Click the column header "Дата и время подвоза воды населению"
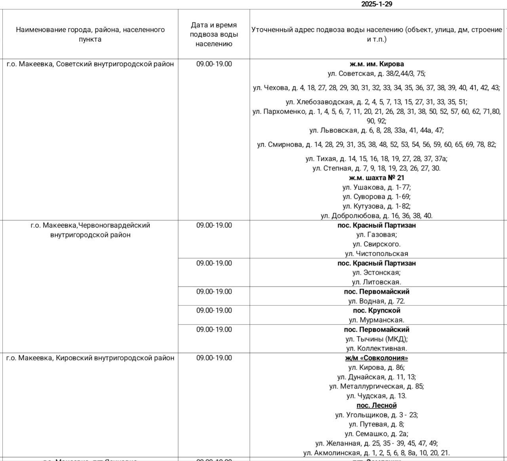[x=214, y=34]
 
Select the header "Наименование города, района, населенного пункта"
[x=90, y=34]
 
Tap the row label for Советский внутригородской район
[x=90, y=64]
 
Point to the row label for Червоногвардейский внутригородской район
[x=90, y=230]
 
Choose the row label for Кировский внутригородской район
[x=90, y=358]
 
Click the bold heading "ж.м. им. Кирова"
[x=376, y=64]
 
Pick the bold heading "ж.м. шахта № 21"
[x=376, y=178]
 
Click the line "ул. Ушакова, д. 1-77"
[x=376, y=187]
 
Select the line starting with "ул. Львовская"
[x=376, y=130]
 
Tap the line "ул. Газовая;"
[x=376, y=235]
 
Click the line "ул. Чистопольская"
[x=376, y=254]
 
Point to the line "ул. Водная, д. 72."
[x=376, y=301]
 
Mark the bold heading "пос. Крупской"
[x=376, y=310]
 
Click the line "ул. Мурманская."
[x=376, y=320]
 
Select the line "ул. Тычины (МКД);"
[x=376, y=339]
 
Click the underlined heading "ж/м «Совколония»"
[x=376, y=358]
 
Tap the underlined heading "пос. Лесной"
[x=376, y=406]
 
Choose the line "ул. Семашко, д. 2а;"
[x=376, y=434]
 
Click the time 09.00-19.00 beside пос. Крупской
[x=214, y=310]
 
